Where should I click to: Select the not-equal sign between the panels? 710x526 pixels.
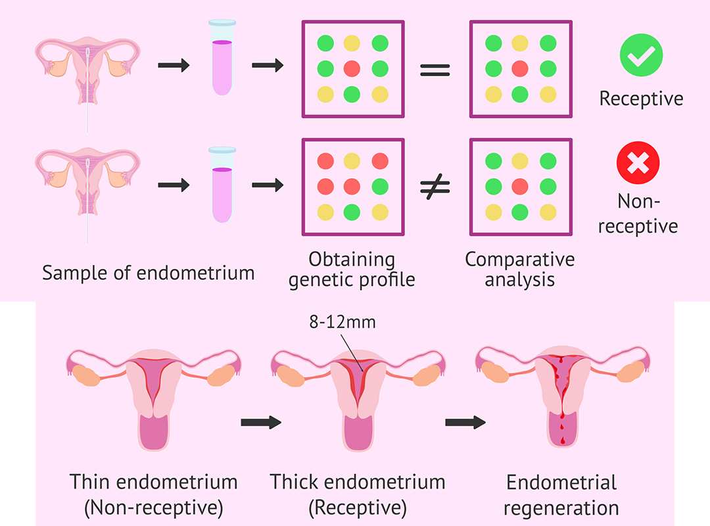[435, 187]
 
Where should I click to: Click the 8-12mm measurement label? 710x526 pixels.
[344, 324]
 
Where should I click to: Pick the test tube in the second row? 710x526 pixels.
[222, 185]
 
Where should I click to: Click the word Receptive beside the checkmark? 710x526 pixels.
[641, 99]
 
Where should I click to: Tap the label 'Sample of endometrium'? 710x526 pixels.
[148, 272]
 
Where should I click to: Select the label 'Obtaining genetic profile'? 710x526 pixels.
[352, 269]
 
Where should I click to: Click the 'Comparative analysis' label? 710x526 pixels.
[519, 269]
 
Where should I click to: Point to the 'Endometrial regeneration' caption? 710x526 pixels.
[561, 495]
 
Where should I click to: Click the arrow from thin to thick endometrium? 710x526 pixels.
[260, 421]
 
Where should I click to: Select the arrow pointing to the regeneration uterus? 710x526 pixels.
[465, 421]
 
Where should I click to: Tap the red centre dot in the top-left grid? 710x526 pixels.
[352, 68]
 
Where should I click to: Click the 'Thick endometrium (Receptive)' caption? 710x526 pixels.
[358, 494]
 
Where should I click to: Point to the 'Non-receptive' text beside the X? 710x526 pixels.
[638, 212]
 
